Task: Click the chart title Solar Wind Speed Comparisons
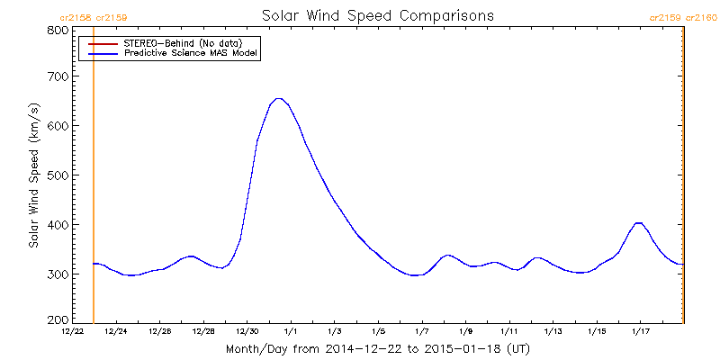point(378,16)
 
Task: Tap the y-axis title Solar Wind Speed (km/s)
point(33,175)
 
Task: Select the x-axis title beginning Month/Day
point(378,347)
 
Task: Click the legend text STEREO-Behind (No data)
point(183,43)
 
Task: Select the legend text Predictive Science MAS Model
point(191,54)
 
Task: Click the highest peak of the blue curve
point(279,99)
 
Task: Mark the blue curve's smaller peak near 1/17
point(638,222)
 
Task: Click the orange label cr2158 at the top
point(75,17)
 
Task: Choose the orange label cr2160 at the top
point(699,17)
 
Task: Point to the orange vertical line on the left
point(94,180)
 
